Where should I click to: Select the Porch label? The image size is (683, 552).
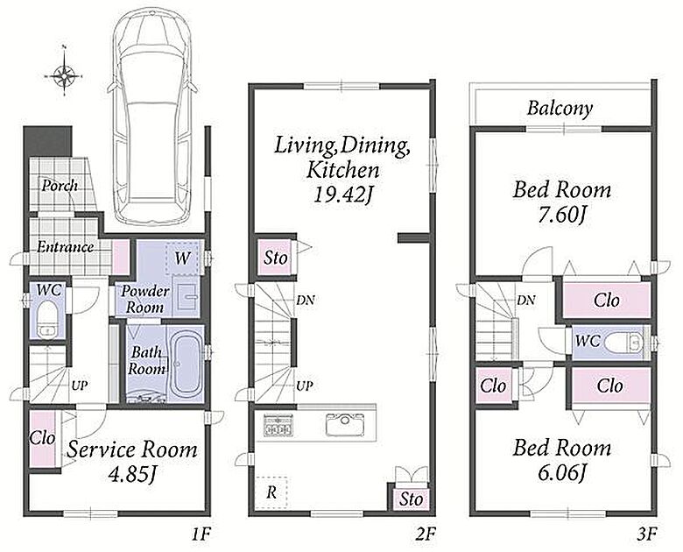click(60, 185)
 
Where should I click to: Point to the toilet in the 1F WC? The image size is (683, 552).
click(46, 319)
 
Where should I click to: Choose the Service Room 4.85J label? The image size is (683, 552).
click(132, 462)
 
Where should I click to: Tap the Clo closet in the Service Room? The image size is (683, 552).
click(42, 438)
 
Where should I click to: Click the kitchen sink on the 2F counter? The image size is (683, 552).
click(344, 422)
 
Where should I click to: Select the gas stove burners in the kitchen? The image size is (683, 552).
click(278, 425)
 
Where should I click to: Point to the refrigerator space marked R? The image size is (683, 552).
click(271, 492)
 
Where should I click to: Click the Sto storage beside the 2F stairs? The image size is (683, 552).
click(274, 258)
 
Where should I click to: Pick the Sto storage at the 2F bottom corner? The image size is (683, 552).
click(411, 499)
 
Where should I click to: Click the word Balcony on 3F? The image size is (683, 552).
click(560, 109)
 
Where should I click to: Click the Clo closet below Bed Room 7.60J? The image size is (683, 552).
click(606, 300)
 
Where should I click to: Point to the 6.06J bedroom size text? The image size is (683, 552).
click(561, 472)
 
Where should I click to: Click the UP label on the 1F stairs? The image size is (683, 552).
click(80, 386)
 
